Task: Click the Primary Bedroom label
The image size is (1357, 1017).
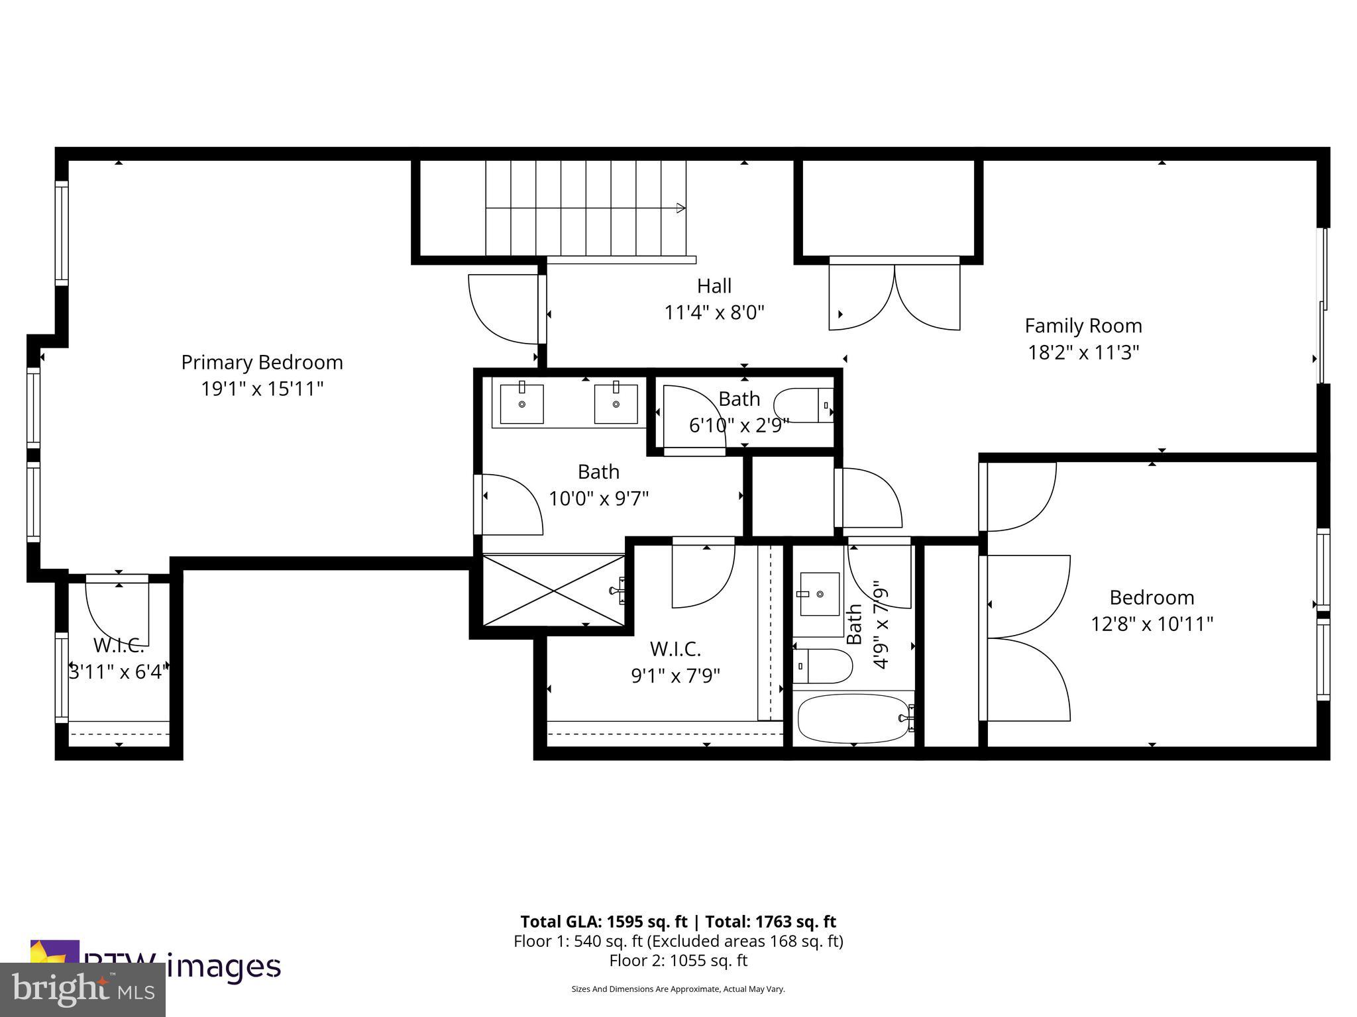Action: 262,362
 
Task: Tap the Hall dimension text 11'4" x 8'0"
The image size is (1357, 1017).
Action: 714,313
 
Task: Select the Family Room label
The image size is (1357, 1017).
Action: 1083,326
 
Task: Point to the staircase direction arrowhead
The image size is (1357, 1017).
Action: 680,208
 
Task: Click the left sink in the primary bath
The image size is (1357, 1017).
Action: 521,404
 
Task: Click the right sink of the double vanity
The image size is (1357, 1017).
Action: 616,404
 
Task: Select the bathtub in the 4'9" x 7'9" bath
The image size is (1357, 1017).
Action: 853,719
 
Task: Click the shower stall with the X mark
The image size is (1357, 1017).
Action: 553,591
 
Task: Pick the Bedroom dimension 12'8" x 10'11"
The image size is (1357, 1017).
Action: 1152,624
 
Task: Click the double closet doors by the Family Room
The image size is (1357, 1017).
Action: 895,297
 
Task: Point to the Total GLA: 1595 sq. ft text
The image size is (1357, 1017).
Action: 606,922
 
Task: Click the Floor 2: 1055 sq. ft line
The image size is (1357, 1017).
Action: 678,960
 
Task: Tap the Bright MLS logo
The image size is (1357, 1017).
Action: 83,989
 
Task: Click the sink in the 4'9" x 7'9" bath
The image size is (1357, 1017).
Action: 820,594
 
